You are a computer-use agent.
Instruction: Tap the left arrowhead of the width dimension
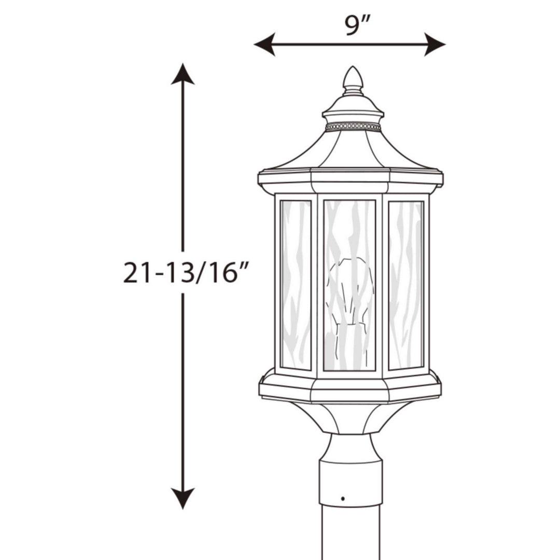click(263, 44)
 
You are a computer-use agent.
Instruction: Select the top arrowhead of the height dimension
click(183, 74)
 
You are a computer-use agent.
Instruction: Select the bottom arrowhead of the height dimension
click(183, 498)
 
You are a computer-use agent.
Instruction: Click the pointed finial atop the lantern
click(353, 79)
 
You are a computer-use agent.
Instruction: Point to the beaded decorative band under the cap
click(353, 127)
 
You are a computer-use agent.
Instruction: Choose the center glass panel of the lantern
click(349, 233)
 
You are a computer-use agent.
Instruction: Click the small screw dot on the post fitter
click(343, 498)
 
